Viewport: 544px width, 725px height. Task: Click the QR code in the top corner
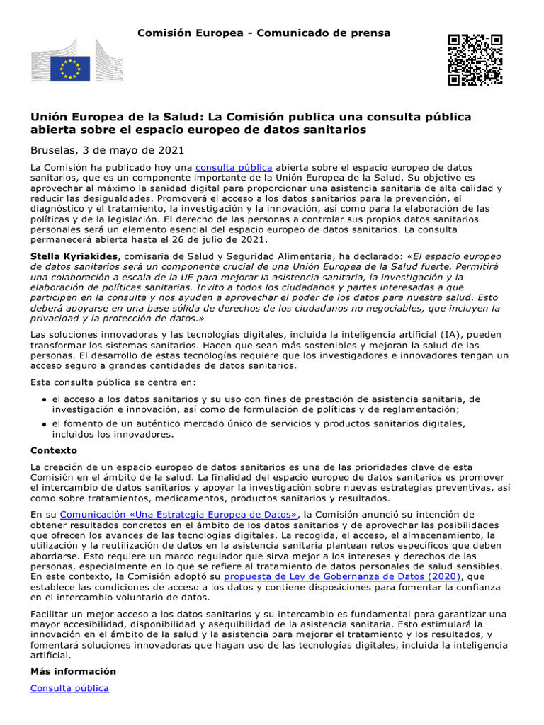click(475, 59)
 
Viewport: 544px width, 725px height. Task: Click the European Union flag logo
click(70, 69)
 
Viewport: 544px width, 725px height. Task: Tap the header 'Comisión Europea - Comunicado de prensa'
click(263, 33)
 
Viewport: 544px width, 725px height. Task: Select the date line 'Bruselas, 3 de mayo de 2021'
click(107, 150)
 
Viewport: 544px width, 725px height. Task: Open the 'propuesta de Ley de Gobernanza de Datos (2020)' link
click(342, 577)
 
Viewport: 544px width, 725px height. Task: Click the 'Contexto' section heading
click(54, 450)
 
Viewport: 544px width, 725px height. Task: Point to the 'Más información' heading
click(73, 671)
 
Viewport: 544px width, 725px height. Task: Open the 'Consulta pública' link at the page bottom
click(69, 688)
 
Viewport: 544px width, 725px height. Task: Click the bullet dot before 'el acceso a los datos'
click(45, 400)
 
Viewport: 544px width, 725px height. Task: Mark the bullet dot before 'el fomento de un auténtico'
click(45, 424)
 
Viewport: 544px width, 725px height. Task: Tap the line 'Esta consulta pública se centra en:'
click(113, 382)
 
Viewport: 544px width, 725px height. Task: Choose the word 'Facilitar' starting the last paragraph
click(50, 613)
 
